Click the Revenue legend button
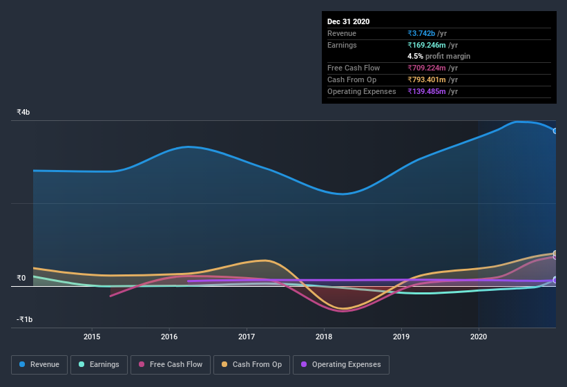[39, 364]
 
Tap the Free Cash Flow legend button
[171, 364]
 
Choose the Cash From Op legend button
[251, 364]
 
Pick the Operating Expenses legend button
[340, 364]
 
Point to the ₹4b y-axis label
[23, 112]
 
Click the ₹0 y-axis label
[21, 278]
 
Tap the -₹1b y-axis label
[25, 319]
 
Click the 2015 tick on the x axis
[92, 337]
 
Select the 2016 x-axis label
[169, 337]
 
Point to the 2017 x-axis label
[247, 337]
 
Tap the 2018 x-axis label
[324, 337]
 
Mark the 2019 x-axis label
[401, 337]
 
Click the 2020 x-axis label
[479, 337]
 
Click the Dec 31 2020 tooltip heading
[348, 21]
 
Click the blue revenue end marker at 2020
[555, 131]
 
